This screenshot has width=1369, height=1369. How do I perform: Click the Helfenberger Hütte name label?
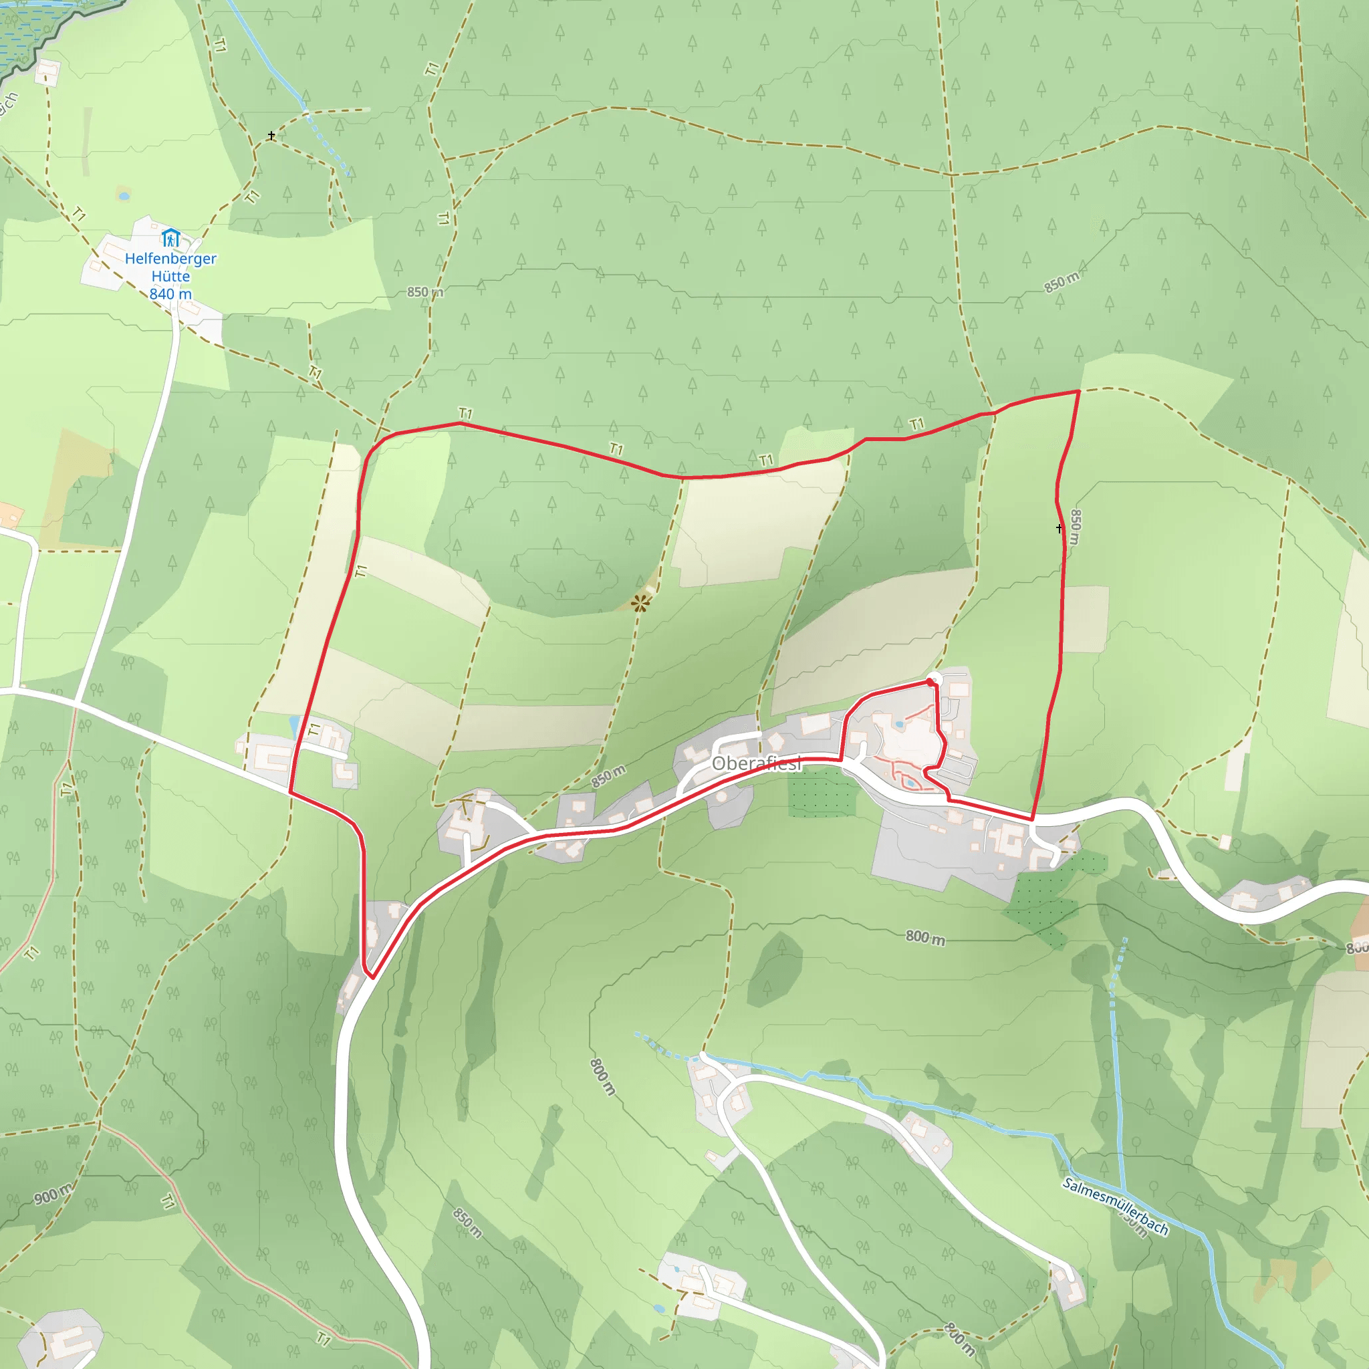point(170,267)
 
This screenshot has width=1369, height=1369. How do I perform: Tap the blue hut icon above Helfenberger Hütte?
point(170,237)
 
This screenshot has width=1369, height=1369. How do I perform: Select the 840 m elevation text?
point(170,293)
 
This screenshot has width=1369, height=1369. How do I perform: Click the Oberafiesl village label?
point(756,763)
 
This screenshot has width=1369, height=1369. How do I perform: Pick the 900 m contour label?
point(53,1194)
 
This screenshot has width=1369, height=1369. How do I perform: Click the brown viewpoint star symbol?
point(640,603)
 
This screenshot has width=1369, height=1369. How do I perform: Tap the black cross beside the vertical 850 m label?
point(1060,529)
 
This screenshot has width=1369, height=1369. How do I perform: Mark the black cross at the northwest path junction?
point(271,135)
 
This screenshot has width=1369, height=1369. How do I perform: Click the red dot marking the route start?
point(930,682)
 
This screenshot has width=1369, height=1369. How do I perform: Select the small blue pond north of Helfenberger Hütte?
point(124,195)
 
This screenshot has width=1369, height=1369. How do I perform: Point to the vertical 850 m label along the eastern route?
point(1075,527)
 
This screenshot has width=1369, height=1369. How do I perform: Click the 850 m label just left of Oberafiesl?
point(608,777)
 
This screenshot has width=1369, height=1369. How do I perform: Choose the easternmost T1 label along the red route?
point(917,424)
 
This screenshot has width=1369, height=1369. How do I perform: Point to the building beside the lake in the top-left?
point(47,72)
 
